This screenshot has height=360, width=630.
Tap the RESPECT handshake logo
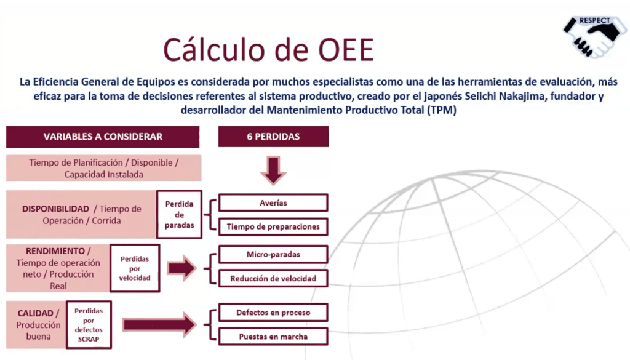tap(592, 36)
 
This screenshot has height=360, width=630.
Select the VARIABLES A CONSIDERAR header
tap(103, 137)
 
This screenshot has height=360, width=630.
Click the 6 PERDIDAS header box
tap(273, 137)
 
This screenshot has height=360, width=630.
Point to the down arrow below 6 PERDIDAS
tap(273, 170)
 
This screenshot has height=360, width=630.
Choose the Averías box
tap(273, 202)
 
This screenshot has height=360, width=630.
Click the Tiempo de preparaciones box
tap(273, 226)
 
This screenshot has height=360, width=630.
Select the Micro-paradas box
tap(273, 254)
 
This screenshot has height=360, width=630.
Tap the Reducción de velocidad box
tap(273, 278)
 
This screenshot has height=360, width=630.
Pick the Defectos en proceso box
tap(273, 313)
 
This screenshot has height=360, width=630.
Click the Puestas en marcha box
tap(273, 337)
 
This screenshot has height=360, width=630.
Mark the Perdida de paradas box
tap(179, 214)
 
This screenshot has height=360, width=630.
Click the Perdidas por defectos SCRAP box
tap(88, 324)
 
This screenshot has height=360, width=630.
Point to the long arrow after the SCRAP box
tap(159, 324)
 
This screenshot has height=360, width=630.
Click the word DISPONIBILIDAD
tap(56, 209)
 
